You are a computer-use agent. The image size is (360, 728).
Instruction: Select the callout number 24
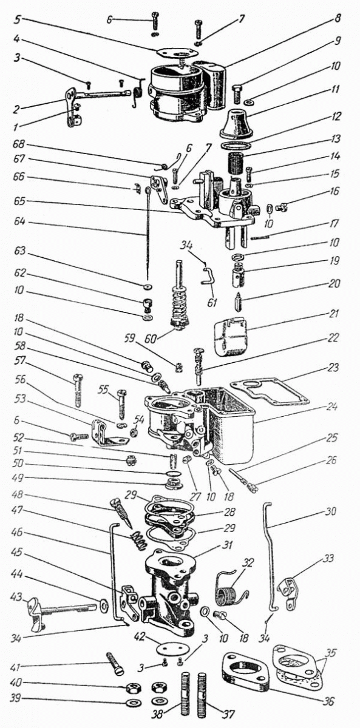click(331, 407)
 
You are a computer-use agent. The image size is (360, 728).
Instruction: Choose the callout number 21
click(333, 314)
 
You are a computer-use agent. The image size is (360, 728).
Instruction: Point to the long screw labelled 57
click(77, 390)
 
